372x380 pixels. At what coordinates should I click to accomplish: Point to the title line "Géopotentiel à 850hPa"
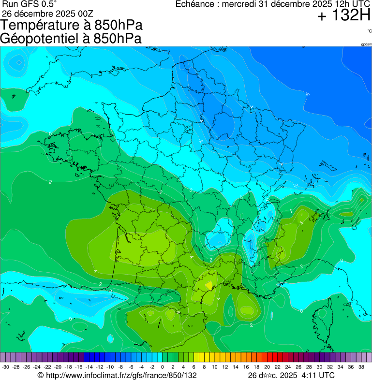pyautogui.click(x=71, y=39)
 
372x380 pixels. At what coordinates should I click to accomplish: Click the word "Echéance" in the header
pyautogui.click(x=195, y=4)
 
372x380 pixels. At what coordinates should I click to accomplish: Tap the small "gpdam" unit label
pyautogui.click(x=366, y=44)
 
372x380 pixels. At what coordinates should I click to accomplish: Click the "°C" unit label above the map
pyautogui.click(x=369, y=31)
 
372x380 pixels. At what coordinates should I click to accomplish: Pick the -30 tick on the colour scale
pyautogui.click(x=5, y=367)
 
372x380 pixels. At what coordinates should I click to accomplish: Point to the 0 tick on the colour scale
pyautogui.click(x=162, y=367)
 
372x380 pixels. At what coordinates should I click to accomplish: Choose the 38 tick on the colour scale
pyautogui.click(x=361, y=367)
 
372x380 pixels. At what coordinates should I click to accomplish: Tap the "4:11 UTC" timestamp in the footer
pyautogui.click(x=317, y=375)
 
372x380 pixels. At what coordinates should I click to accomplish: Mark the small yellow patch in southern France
pyautogui.click(x=209, y=285)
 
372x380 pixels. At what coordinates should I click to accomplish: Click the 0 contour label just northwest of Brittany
pyautogui.click(x=50, y=133)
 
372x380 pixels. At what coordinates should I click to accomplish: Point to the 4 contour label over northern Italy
pyautogui.click(x=302, y=223)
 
